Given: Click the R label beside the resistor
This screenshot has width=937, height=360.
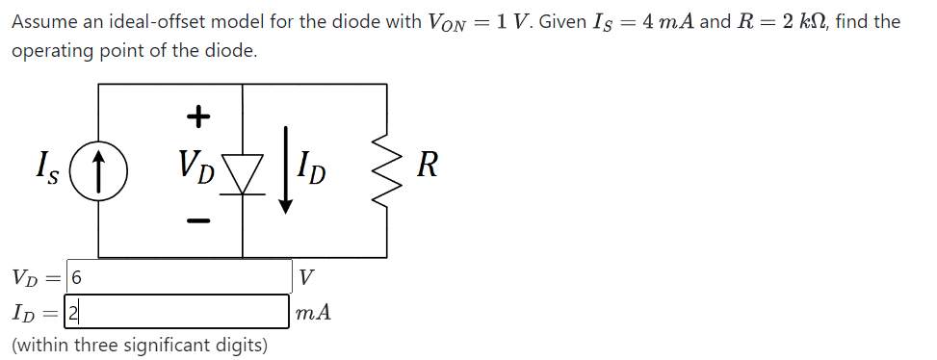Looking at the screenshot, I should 429,167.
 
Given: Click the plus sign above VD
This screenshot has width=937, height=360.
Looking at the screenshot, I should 196,117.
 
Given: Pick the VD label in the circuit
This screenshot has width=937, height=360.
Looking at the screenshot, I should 196,167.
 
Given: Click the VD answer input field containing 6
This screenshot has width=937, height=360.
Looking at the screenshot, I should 179,277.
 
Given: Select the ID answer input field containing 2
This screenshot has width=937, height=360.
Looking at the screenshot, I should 179,311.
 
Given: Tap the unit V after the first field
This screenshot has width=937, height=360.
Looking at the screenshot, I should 306,278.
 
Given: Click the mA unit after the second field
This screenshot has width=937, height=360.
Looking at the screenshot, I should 314,312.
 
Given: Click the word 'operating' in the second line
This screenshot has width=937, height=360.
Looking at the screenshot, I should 48,50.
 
